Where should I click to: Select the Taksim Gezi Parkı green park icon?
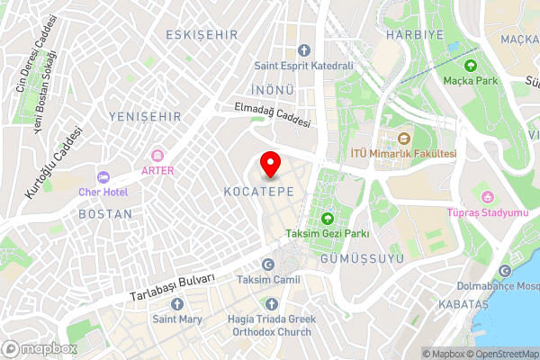tap(328, 219)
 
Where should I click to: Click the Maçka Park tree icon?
tap(470, 65)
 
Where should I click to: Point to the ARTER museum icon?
tap(157, 155)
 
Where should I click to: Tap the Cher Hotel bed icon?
tap(103, 176)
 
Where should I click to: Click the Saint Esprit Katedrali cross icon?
tap(303, 50)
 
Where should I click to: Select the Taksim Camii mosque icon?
tap(267, 265)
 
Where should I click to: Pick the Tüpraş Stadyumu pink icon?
tap(488, 197)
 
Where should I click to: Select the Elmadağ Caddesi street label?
tap(272, 114)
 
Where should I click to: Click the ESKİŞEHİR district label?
tap(202, 34)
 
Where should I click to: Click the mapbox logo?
tap(40, 348)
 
